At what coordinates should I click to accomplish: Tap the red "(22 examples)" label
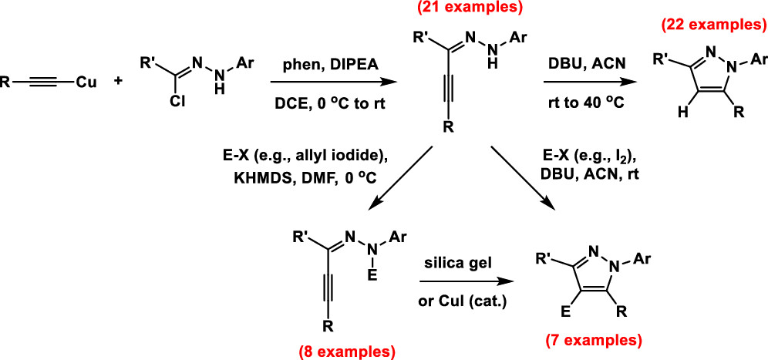712,25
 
